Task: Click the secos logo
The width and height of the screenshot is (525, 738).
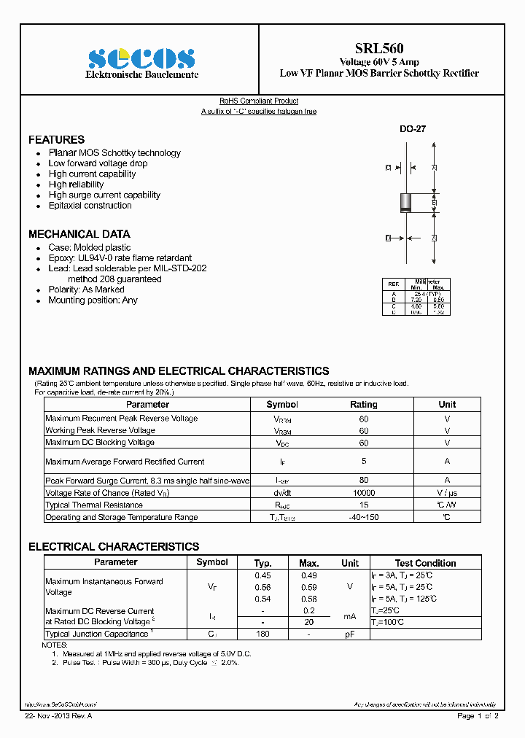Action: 142,58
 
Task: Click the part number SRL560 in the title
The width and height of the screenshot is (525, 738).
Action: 379,49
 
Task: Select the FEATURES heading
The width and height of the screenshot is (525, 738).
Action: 56,139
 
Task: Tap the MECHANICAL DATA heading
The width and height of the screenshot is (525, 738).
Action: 79,234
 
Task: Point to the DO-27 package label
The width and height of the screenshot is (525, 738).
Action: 412,128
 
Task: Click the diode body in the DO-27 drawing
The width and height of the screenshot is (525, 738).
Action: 406,202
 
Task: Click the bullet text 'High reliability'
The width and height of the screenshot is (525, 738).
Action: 76,184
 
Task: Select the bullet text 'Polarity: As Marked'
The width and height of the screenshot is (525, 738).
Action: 86,290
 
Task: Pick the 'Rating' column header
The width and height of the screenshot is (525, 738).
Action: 363,404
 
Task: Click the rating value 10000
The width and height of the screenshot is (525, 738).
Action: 363,493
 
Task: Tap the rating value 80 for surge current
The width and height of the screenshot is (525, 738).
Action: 363,480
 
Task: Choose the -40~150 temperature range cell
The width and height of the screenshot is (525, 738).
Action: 363,517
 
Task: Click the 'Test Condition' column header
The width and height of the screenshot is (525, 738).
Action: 425,563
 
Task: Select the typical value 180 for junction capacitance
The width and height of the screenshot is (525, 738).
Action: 262,634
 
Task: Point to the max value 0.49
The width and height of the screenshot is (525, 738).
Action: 309,575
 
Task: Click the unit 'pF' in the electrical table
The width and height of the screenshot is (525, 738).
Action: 350,634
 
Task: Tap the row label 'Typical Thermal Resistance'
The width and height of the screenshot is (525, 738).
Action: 94,505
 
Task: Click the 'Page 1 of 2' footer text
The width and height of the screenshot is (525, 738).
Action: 478,716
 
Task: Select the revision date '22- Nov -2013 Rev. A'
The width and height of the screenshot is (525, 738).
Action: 58,716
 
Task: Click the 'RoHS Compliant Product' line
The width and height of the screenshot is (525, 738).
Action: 259,101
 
